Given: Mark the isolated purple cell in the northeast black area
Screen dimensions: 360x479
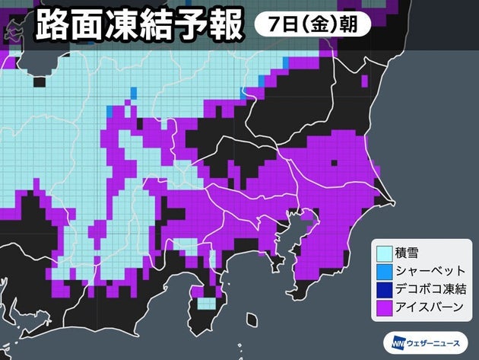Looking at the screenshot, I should point(365,80).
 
